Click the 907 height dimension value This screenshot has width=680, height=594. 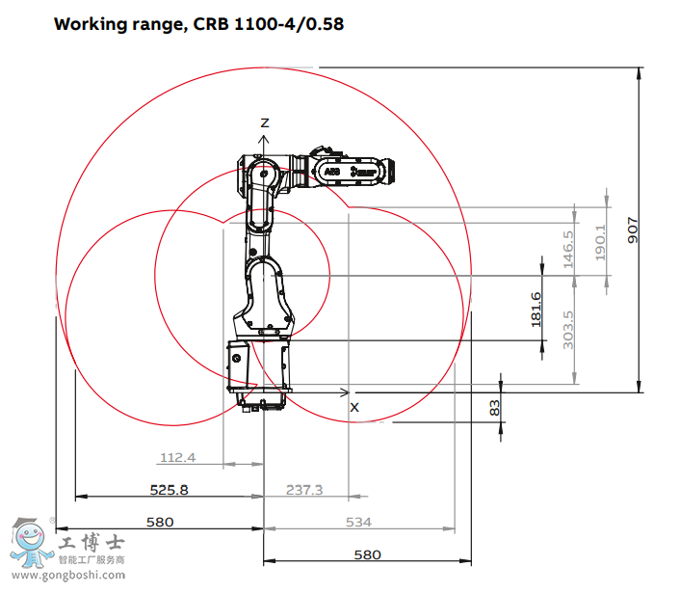click(633, 229)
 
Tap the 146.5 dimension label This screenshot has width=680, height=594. click(568, 247)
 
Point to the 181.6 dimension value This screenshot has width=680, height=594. click(536, 310)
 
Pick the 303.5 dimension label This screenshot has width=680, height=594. click(568, 330)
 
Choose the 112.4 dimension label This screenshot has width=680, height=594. click(177, 457)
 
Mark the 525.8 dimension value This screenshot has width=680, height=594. click(169, 490)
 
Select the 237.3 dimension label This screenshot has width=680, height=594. click(304, 490)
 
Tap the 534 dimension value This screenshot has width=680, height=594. click(358, 523)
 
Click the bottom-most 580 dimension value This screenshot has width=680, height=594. click(367, 554)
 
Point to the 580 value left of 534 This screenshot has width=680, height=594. click(160, 523)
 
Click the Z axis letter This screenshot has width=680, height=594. click(264, 122)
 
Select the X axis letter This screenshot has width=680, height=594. click(353, 407)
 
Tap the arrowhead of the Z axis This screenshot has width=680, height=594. click(264, 138)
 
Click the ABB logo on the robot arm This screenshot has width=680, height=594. click(331, 171)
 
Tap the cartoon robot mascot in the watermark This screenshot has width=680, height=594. click(30, 546)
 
